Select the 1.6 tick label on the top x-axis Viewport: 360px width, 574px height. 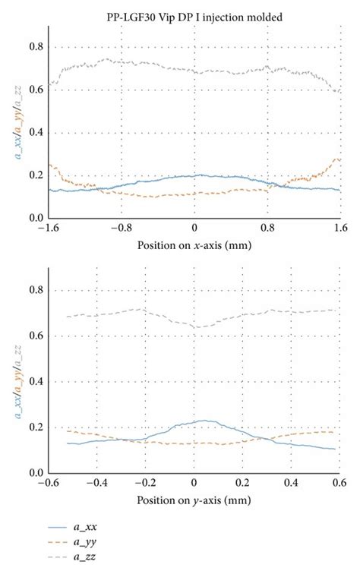(339, 227)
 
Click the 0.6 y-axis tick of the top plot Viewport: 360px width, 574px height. (36, 90)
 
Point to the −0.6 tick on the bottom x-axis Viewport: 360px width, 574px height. (48, 482)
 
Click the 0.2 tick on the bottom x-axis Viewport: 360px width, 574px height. (242, 482)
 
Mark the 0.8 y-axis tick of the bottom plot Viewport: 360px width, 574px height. (36, 290)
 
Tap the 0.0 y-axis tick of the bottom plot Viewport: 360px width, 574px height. (36, 473)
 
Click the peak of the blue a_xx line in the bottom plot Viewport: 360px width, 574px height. (202, 420)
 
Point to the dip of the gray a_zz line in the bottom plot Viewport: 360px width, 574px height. (199, 327)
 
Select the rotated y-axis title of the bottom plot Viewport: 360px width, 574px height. (17, 380)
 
